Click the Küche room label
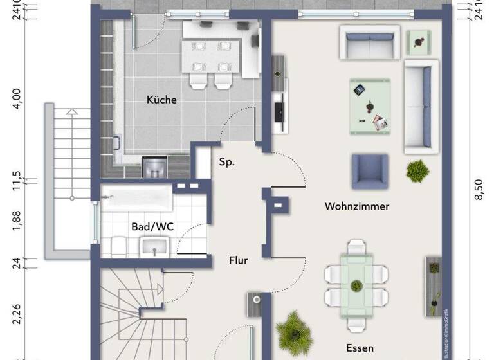click(x=161, y=100)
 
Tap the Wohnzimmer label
click(x=357, y=206)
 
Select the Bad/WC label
click(x=152, y=226)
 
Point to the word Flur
click(x=239, y=260)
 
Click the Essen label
click(x=360, y=348)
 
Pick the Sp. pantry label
click(x=226, y=161)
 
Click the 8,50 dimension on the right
click(x=478, y=190)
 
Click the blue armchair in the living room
click(x=370, y=172)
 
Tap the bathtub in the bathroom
click(x=137, y=198)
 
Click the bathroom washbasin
click(x=154, y=246)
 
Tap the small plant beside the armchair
click(x=417, y=170)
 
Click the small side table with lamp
click(x=420, y=42)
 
